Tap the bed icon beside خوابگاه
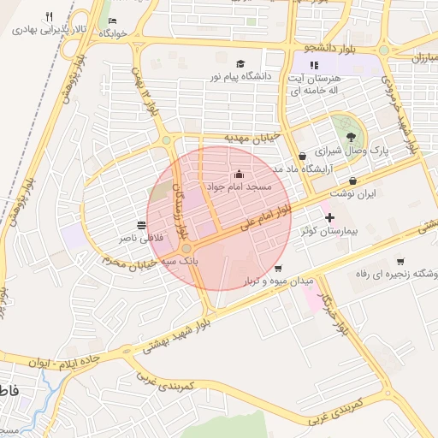(x=114, y=21)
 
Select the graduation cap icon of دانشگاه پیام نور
(x=240, y=64)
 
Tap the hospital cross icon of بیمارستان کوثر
(x=329, y=218)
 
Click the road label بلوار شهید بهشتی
(x=177, y=331)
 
